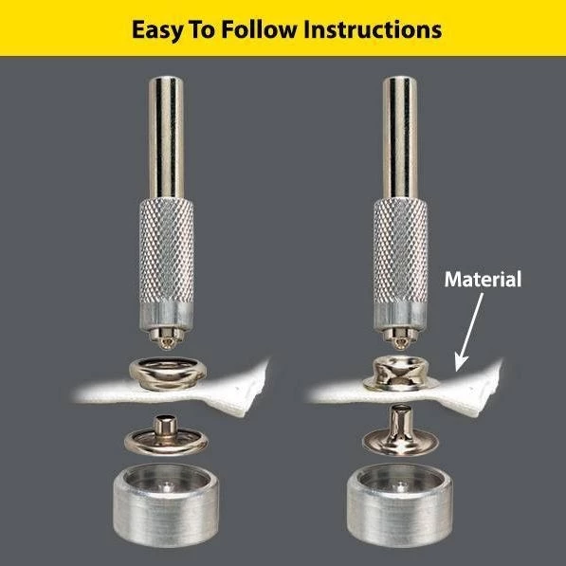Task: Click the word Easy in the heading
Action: coord(156,30)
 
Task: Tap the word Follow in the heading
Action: coord(259,29)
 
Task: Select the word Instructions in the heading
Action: coord(373,29)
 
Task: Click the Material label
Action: coord(483,280)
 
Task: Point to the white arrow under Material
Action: coord(468,332)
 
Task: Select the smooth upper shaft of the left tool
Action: coord(167,137)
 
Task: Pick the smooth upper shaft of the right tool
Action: coord(400,137)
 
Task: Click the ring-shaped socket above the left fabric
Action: coord(168,374)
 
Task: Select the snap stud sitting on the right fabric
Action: coord(399,374)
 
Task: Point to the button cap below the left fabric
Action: coord(167,436)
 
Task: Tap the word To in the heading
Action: coord(201,29)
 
